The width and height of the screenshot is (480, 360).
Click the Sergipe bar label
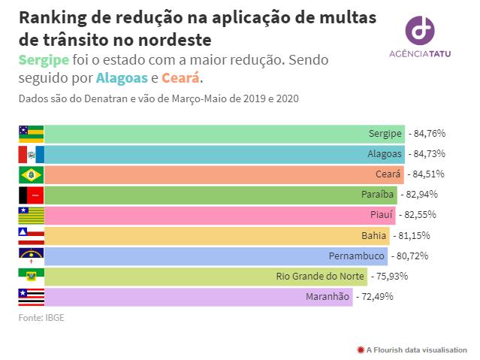385,134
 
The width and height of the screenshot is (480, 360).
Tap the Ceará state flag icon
31,175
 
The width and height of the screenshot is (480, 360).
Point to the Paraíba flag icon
31,195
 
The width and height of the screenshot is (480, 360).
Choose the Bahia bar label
373,235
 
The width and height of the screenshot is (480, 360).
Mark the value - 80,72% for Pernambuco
409,256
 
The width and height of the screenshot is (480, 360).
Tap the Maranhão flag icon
31,296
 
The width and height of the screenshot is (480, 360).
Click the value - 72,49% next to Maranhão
374,296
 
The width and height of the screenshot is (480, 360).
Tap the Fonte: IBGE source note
41,318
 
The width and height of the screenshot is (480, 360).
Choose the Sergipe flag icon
31,134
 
